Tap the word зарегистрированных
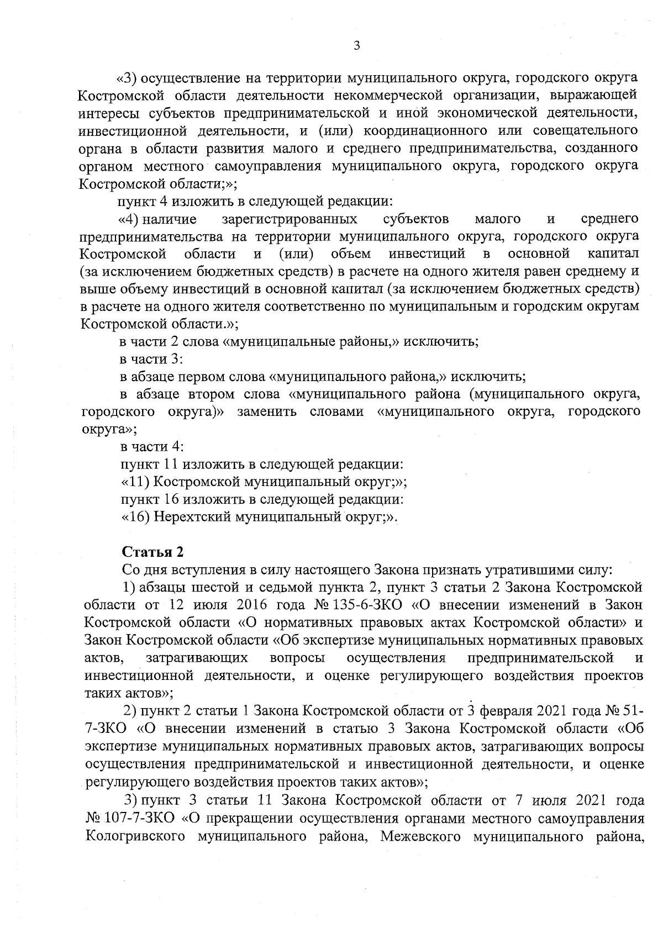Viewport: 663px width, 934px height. pyautogui.click(x=289, y=219)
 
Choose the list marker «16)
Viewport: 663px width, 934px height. pyautogui.click(x=135, y=518)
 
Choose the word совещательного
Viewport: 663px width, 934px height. pyautogui.click(x=586, y=131)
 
